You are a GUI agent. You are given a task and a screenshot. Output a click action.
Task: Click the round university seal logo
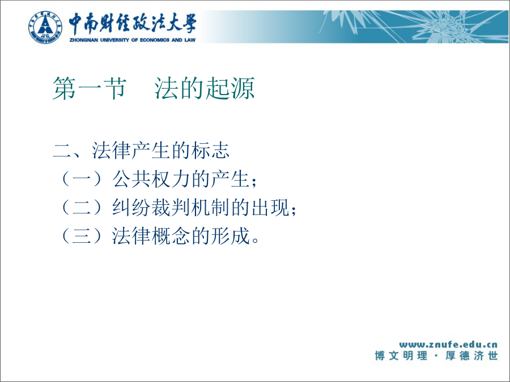coord(45,27)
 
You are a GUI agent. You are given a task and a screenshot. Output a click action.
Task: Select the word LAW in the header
coord(190,40)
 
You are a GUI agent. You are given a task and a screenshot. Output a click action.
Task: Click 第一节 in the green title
coord(90,88)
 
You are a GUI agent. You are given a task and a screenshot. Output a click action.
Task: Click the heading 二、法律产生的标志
coord(141,150)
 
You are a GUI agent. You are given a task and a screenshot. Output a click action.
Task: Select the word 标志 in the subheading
coord(210,150)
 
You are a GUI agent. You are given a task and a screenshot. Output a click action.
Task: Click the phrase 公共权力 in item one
coord(151,179)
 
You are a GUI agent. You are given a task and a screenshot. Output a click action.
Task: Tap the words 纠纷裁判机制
coord(171,207)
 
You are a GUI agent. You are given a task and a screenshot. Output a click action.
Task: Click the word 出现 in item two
coord(270,207)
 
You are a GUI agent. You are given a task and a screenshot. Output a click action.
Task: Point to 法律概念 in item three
coord(151,235)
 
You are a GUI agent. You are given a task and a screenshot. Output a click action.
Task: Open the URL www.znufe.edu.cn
coord(448,344)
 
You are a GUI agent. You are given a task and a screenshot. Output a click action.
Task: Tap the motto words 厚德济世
coord(471,356)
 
